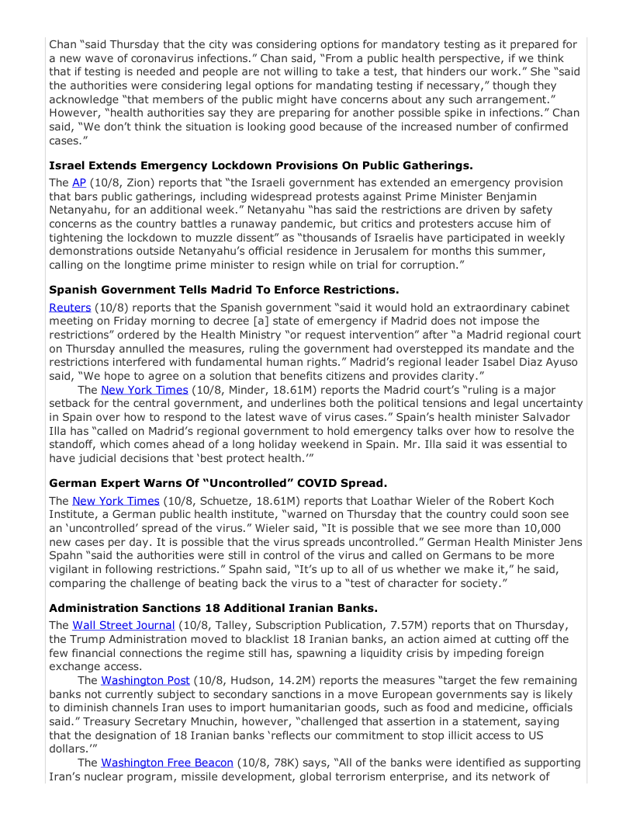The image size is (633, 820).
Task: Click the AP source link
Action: tap(79, 182)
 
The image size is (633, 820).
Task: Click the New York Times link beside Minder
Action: tap(144, 390)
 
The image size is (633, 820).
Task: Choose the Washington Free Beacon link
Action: tap(167, 763)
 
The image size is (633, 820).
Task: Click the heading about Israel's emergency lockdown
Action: tap(261, 165)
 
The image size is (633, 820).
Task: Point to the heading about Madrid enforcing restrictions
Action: tap(223, 290)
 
